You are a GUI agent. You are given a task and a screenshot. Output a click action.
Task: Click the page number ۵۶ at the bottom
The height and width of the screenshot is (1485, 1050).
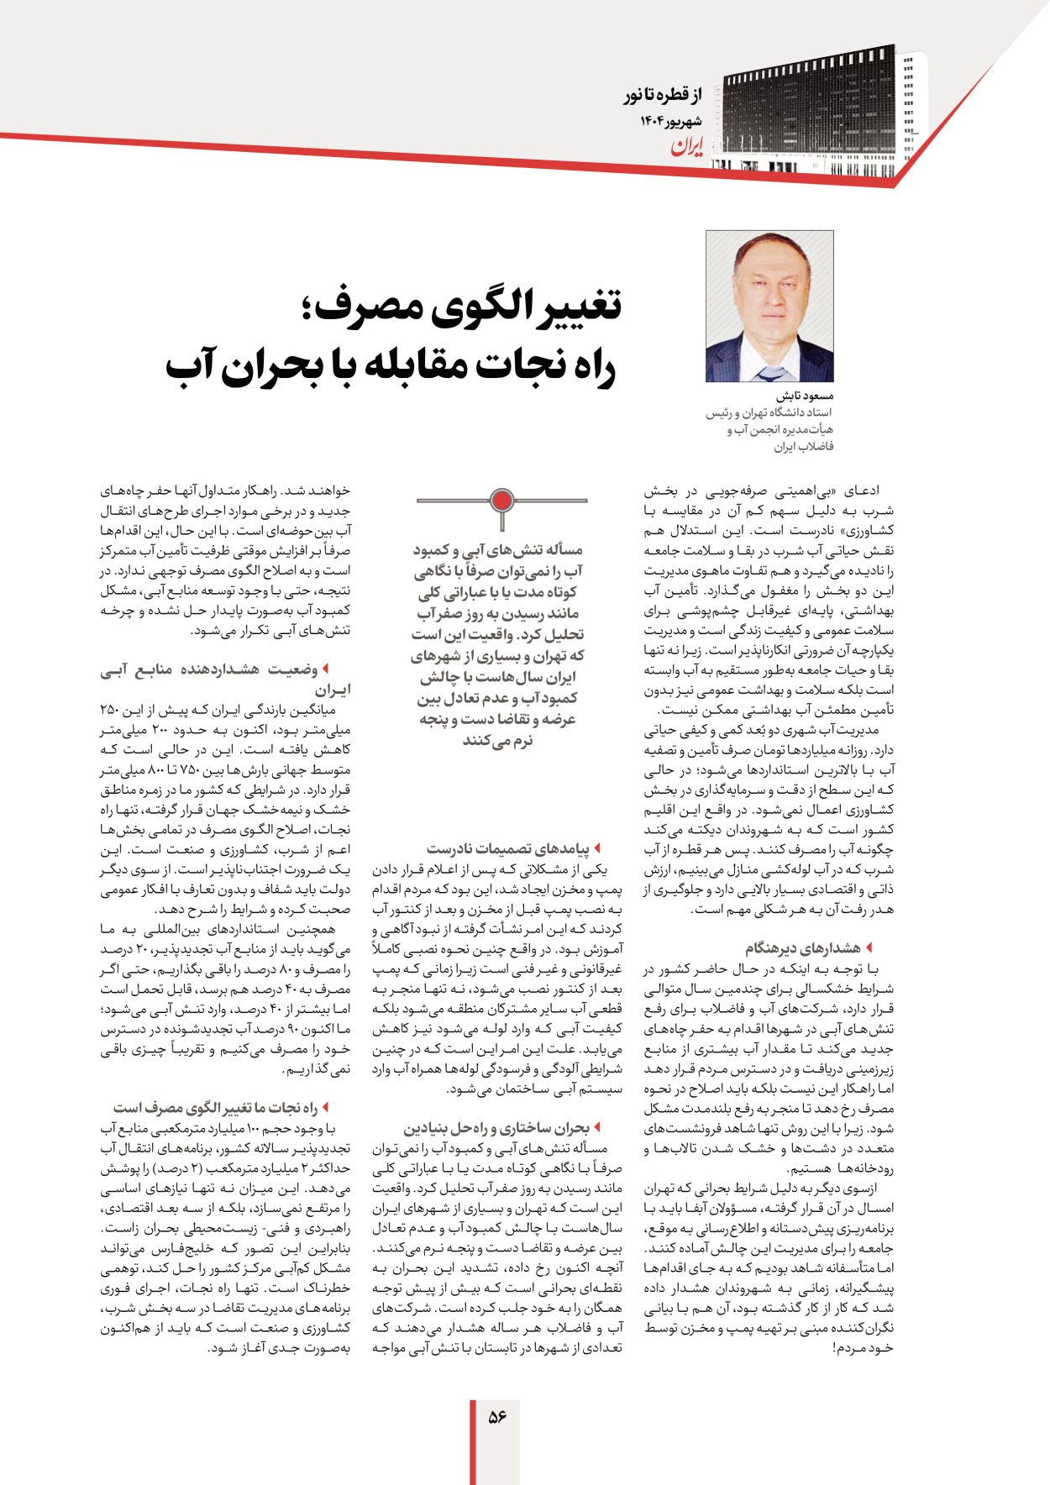tap(497, 1416)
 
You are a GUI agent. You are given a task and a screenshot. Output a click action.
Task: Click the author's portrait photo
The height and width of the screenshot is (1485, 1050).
tap(769, 307)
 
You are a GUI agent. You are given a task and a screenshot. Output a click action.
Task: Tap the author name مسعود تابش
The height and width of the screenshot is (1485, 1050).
tap(804, 396)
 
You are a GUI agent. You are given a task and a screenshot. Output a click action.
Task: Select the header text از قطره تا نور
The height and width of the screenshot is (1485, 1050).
tap(662, 95)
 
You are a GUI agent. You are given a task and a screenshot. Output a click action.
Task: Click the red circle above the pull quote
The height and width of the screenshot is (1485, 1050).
tap(501, 501)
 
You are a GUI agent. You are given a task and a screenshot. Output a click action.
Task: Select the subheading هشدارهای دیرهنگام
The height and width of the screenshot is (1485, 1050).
tap(802, 948)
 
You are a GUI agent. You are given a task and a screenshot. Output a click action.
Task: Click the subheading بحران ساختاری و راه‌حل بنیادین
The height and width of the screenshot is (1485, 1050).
tap(496, 1128)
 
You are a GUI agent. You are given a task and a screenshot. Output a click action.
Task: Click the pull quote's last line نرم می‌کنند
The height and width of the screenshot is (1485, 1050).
tap(497, 741)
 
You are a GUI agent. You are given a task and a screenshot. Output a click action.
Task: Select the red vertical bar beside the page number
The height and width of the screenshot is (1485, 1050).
tap(472, 1441)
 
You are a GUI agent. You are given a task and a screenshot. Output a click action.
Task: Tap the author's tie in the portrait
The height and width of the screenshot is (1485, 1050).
tap(769, 373)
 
